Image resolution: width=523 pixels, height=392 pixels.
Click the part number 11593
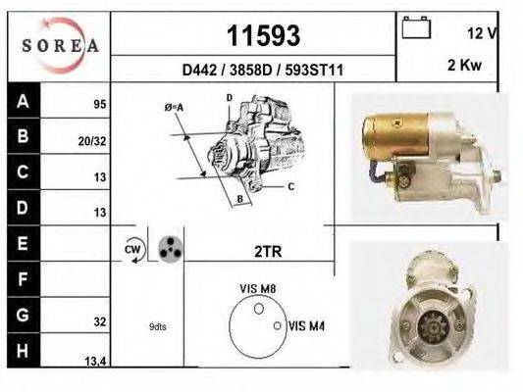point(263,36)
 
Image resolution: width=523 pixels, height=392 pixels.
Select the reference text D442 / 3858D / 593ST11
point(262,71)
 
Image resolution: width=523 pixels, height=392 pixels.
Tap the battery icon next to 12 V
point(416,28)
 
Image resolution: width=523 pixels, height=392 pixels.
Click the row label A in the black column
point(23,101)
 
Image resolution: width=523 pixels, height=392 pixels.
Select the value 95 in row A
point(99,103)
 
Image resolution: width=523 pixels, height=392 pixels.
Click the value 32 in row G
point(99,320)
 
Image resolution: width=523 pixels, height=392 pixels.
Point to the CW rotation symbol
point(133,250)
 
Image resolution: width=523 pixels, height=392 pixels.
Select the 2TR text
point(267,252)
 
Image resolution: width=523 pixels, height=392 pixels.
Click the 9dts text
point(157,326)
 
